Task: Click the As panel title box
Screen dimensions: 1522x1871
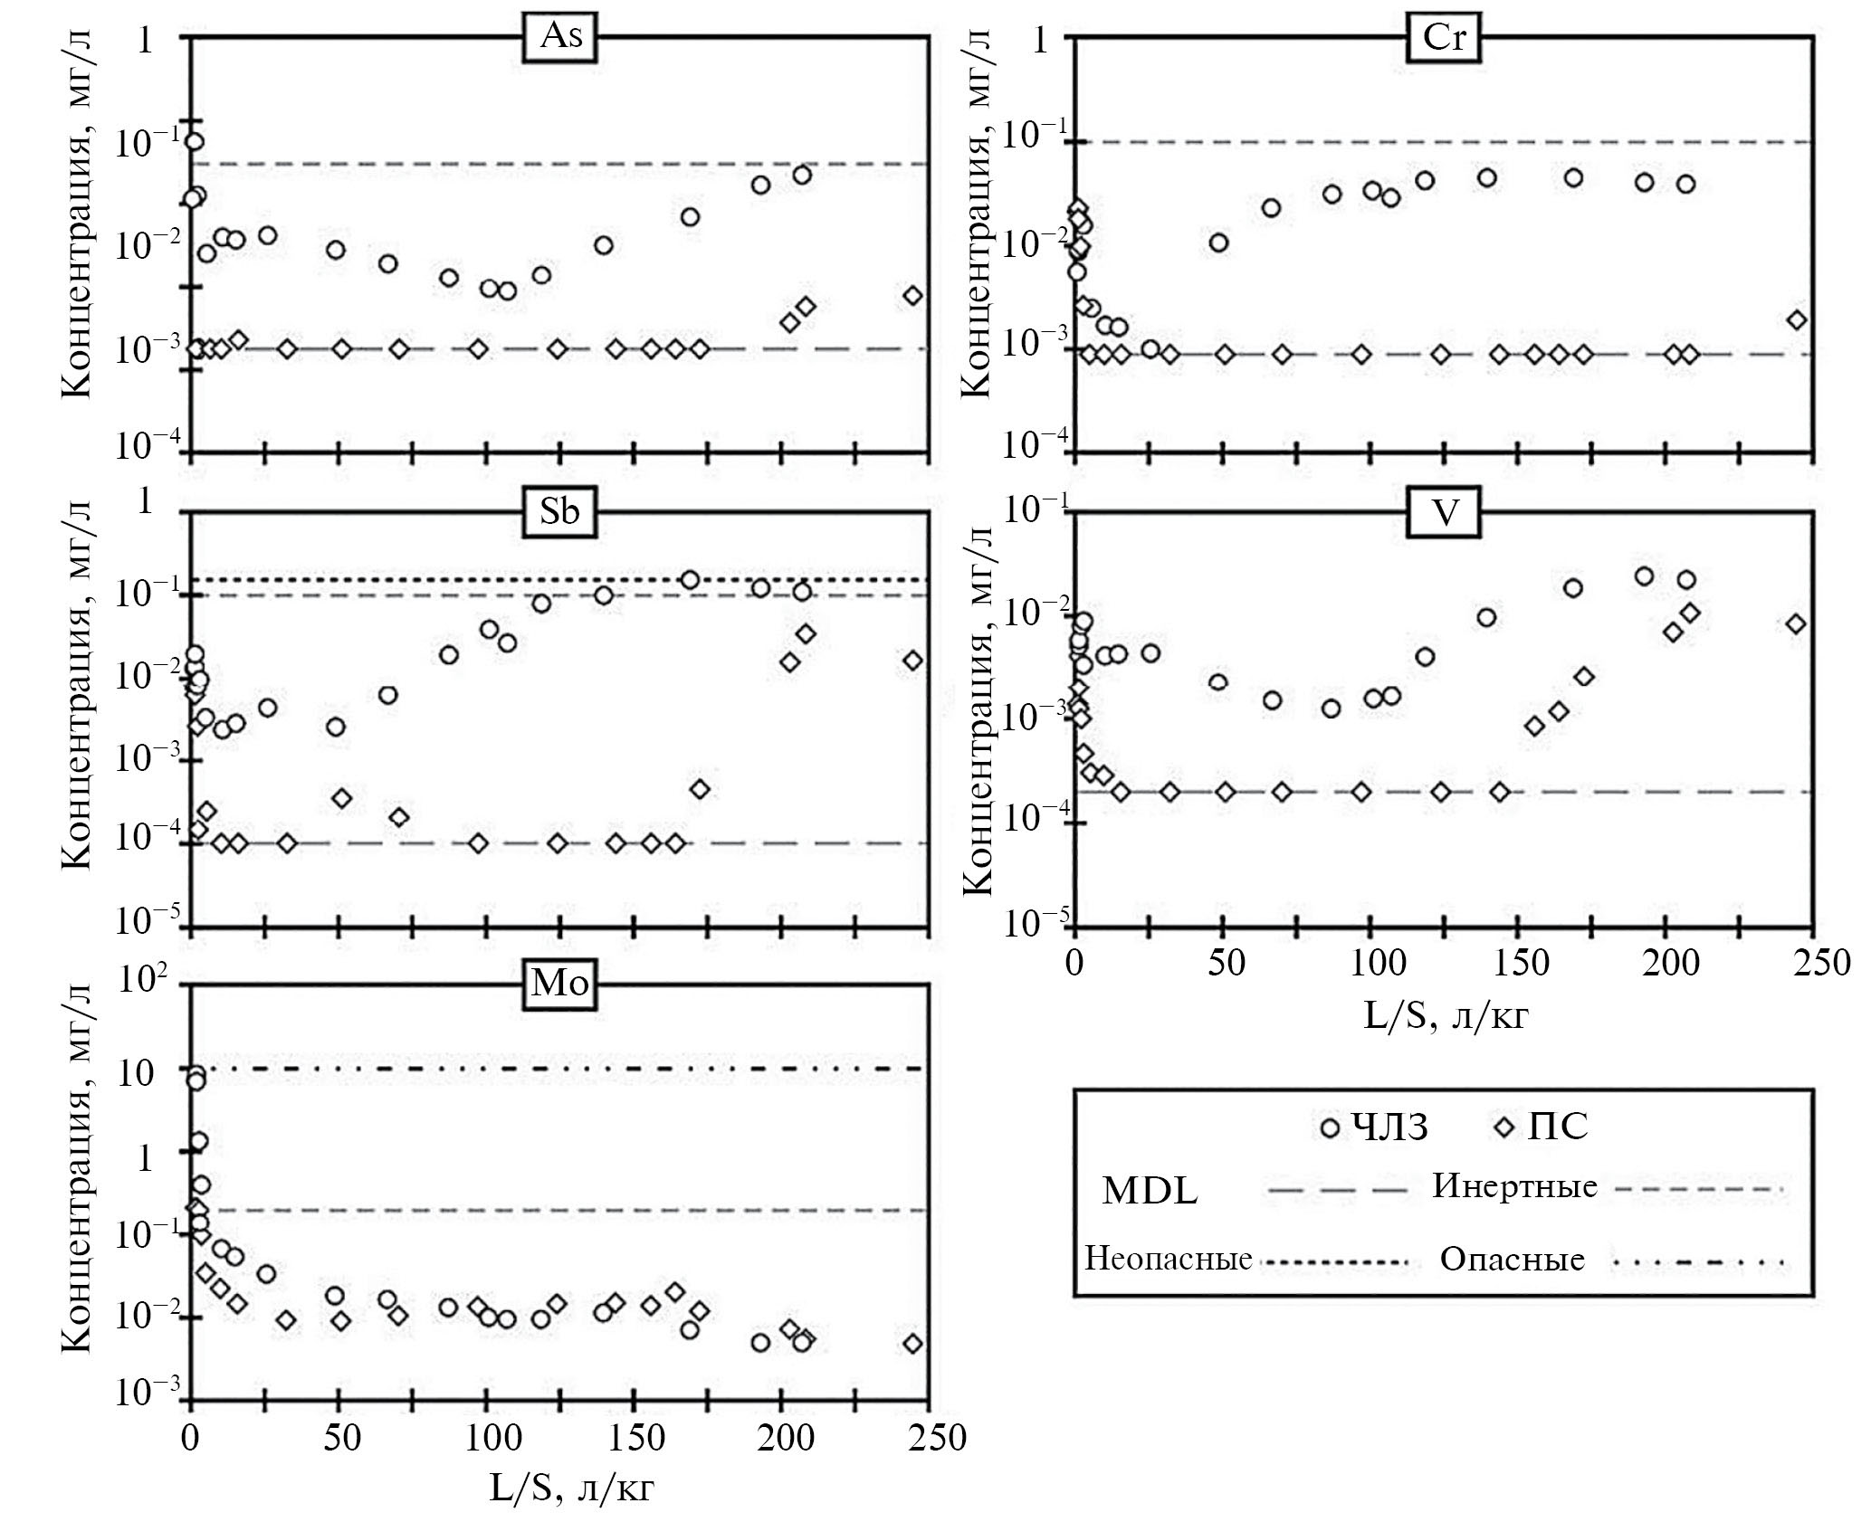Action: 560,38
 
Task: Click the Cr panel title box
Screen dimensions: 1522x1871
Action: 1445,38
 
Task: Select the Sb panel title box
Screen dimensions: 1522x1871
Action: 560,512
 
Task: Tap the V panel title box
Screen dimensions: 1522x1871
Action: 1446,513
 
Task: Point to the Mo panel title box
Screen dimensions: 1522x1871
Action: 560,984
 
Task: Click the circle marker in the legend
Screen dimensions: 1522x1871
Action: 1330,1127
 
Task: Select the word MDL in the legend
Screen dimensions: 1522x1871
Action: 1150,1192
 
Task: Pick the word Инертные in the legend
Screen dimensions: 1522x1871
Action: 1514,1186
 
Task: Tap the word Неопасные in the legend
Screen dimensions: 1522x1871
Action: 1169,1259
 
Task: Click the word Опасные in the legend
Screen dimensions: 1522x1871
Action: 1513,1260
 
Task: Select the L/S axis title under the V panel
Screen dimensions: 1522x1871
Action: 1446,1015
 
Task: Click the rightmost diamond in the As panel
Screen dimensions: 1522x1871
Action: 913,296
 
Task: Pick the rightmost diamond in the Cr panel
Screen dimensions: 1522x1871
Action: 1797,320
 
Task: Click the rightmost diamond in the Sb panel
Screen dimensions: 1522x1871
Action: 913,661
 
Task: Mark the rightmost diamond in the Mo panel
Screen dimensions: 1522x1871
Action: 913,1343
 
